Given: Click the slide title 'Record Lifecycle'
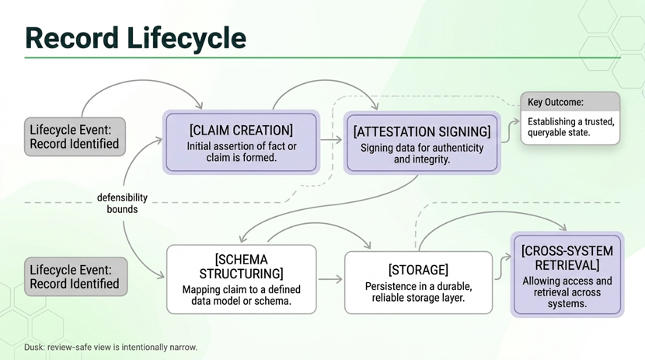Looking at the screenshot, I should [x=135, y=37].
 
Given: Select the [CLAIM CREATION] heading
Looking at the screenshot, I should [x=241, y=130].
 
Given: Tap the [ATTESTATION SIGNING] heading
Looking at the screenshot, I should [x=422, y=131].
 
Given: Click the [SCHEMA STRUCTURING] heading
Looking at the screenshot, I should [x=241, y=266].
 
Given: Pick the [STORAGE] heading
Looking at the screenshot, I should [x=418, y=270].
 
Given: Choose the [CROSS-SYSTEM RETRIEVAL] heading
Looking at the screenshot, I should [x=567, y=258].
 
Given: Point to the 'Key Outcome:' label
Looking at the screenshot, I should [x=556, y=102].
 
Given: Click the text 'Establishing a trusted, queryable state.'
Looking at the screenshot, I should [x=570, y=127].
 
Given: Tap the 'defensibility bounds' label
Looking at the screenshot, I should [x=122, y=203].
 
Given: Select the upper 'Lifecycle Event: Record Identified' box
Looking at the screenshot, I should [x=75, y=137].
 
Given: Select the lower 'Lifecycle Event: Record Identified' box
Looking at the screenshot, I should [x=75, y=277].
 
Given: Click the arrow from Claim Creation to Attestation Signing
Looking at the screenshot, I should [x=331, y=141].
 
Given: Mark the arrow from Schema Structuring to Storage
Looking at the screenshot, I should [x=330, y=279].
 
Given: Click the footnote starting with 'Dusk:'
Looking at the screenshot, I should [x=110, y=347].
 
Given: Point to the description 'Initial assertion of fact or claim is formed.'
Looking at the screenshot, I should [x=241, y=152].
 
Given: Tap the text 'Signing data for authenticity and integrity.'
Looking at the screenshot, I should [x=422, y=153].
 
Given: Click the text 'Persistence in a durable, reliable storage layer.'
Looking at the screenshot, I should [x=418, y=292].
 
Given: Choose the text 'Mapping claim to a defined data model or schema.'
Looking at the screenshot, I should [x=241, y=295].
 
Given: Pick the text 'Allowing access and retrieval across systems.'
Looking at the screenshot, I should [x=567, y=292].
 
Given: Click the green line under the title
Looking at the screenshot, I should [x=322, y=58].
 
